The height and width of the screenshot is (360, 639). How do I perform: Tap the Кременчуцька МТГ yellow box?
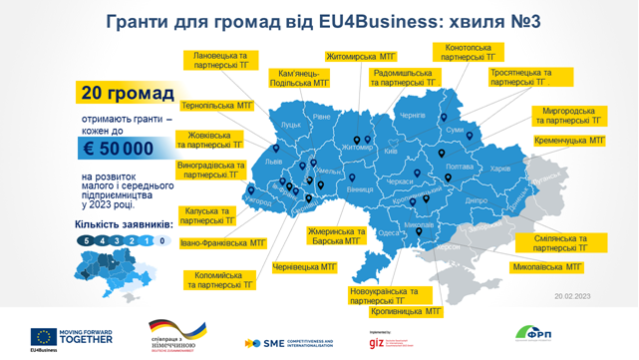pos(569,142)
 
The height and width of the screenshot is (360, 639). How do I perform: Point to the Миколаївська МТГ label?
pos(546,267)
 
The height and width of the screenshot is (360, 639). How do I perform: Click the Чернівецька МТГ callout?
pos(304,267)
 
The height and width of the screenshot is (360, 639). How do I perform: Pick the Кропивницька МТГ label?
pos(406,311)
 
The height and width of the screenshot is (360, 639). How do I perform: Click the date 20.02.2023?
pos(572,296)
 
